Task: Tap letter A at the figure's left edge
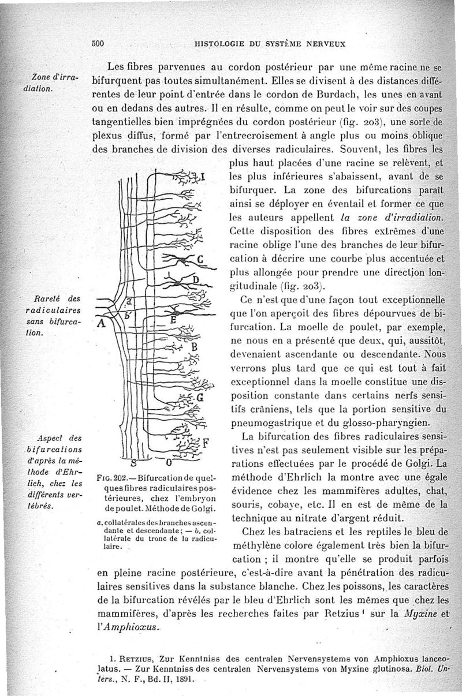tap(100, 323)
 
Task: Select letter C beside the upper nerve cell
tap(200, 259)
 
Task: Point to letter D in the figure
tap(195, 280)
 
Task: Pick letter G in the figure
tap(200, 398)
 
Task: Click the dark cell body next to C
tap(184, 260)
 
